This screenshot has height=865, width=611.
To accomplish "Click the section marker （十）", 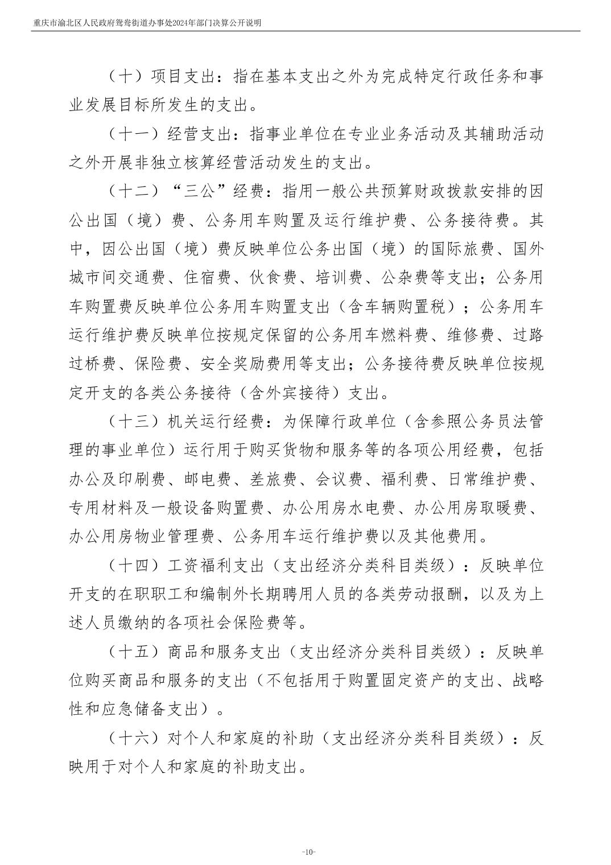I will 126,76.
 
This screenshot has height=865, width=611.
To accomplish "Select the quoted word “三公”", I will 199,192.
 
